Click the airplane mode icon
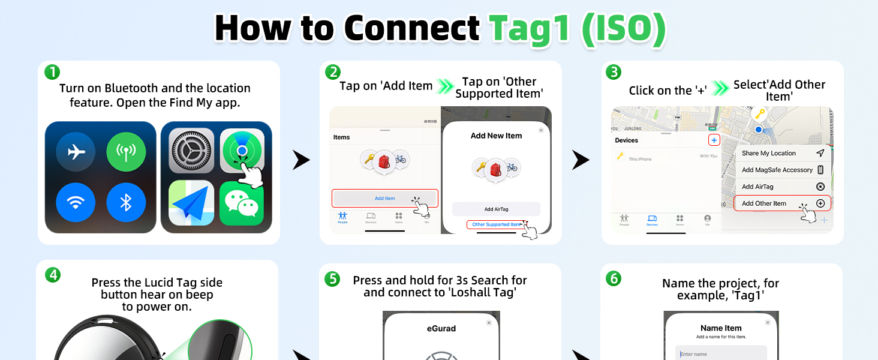click(76, 152)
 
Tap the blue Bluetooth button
click(126, 202)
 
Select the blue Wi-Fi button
click(76, 202)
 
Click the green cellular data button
click(126, 152)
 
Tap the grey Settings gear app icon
click(191, 151)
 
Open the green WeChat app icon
click(242, 203)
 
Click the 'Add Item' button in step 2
click(384, 199)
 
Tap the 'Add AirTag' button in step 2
click(496, 209)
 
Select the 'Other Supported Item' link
click(496, 224)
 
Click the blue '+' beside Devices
click(714, 140)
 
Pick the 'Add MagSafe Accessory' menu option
click(777, 170)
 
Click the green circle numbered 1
click(53, 73)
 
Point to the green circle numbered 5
click(332, 279)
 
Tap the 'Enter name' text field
click(721, 353)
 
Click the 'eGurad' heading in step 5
click(441, 328)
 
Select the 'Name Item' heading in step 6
click(721, 328)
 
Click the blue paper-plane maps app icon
click(191, 203)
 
